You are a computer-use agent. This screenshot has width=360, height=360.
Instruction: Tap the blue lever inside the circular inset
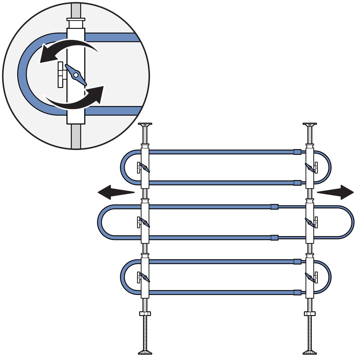point(76,75)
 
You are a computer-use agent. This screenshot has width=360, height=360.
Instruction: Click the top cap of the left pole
point(145,125)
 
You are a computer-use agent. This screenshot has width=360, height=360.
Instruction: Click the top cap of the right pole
point(310,125)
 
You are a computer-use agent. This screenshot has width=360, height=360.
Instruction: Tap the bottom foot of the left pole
point(145,352)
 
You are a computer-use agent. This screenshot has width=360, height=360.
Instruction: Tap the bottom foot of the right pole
point(310,352)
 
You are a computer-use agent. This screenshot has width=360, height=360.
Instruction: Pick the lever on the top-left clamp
point(145,168)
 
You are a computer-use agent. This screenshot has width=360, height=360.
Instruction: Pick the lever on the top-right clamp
point(310,168)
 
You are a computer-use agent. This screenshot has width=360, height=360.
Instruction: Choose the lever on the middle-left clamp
point(145,222)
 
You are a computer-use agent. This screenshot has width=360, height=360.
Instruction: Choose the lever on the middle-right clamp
point(310,222)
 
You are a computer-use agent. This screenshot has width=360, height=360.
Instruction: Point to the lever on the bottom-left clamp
point(145,277)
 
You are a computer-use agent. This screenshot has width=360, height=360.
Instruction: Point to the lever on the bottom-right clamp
point(310,277)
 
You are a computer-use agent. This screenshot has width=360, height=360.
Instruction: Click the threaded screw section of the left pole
point(145,332)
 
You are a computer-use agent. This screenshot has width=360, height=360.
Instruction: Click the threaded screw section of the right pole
point(310,332)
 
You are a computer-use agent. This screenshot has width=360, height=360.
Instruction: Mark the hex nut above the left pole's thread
point(145,313)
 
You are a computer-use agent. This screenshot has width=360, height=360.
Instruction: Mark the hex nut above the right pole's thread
point(310,313)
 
